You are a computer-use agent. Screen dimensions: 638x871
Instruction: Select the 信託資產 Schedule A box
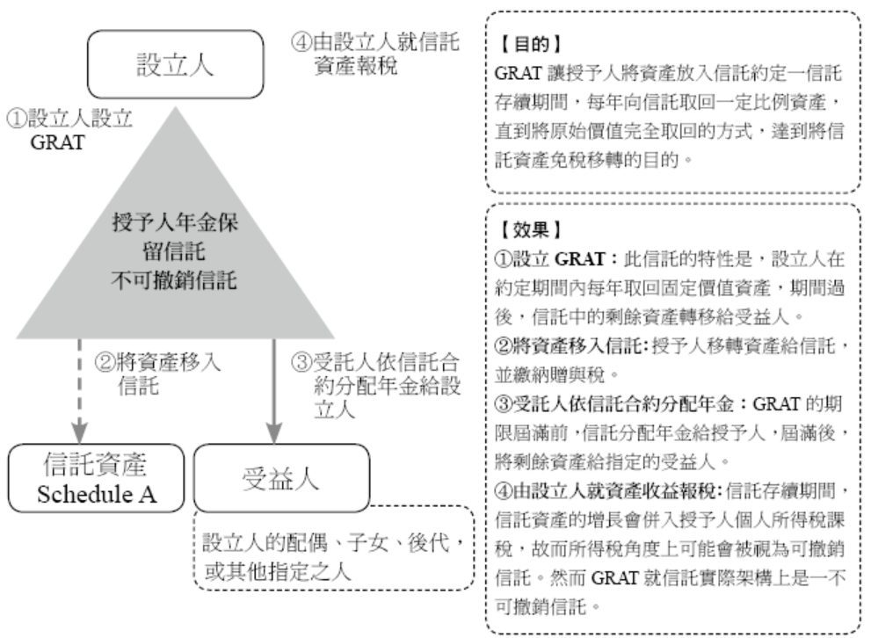point(96,477)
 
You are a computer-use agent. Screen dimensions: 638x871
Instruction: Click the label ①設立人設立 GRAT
point(70,129)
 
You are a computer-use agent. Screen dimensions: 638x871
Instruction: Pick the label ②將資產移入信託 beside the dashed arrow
point(159,372)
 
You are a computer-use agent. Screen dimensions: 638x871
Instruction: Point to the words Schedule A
point(96,494)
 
